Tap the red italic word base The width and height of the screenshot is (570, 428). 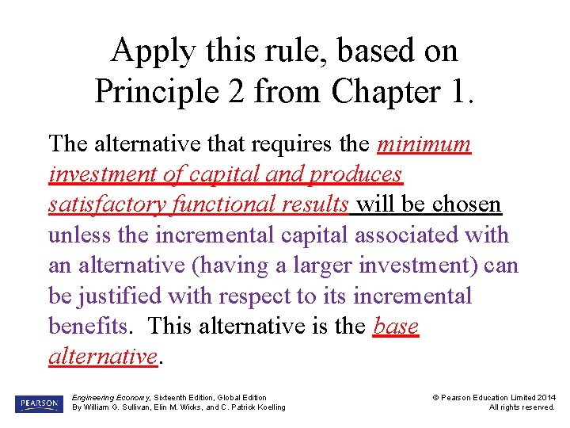[396, 326]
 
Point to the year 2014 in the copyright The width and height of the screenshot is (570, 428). [545, 397]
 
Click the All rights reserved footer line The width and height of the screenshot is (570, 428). [522, 407]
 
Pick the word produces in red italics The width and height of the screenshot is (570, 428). [357, 174]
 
